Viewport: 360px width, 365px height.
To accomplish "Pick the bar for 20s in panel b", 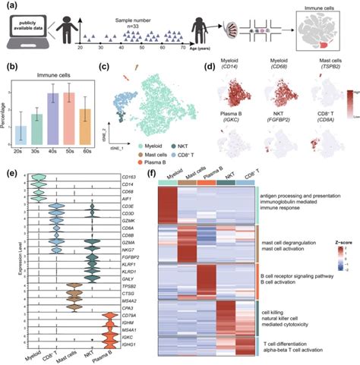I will coord(21,134).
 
